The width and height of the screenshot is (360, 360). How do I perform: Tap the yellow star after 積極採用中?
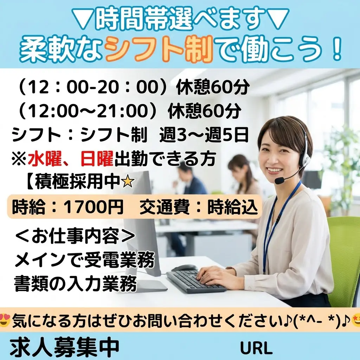pos(128,182)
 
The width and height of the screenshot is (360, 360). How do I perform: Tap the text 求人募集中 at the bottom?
pos(65,347)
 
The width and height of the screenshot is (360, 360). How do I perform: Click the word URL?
pos(256,348)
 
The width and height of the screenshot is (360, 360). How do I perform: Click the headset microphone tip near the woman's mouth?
pos(279,181)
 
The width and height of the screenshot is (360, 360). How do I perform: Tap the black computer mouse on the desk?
pos(185,268)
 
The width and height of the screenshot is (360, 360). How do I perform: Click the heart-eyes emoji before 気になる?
pos(5,320)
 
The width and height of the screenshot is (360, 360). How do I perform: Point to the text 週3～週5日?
pos(204,135)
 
